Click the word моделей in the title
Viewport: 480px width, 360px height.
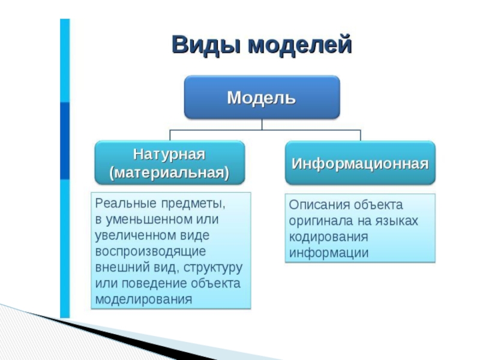(x=300, y=44)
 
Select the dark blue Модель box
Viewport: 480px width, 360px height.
(x=262, y=97)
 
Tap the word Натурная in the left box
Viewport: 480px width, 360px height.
(x=169, y=154)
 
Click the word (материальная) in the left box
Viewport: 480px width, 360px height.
(x=169, y=173)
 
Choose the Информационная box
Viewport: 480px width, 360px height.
(x=360, y=163)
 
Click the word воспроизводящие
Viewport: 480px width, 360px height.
(x=151, y=251)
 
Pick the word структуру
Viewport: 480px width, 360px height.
(x=213, y=268)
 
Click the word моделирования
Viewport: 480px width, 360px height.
(x=143, y=299)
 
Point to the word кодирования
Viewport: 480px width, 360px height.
(x=328, y=237)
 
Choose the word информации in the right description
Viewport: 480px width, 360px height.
(x=329, y=253)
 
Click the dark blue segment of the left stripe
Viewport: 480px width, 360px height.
(x=65, y=141)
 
